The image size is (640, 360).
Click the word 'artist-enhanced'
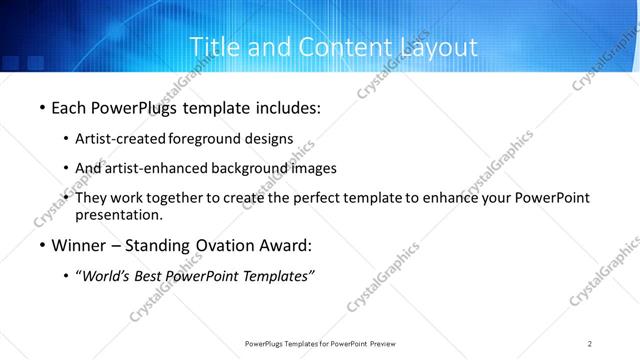(x=159, y=168)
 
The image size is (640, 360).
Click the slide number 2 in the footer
(x=591, y=343)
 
